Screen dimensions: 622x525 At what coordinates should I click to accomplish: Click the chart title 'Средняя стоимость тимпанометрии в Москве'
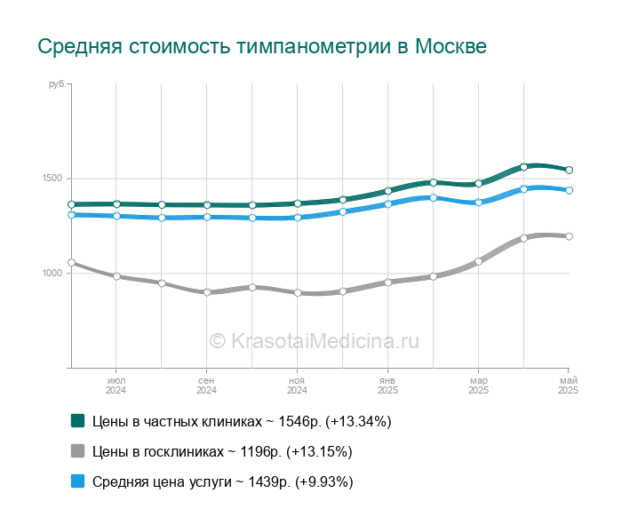tap(262, 46)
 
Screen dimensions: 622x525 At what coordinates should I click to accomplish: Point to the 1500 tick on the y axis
tap(52, 178)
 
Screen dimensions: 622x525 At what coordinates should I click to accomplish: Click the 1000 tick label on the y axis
tap(52, 273)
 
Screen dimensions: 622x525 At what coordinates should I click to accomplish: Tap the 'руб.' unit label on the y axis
tap(57, 84)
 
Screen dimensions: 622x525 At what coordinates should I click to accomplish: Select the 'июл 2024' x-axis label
tap(116, 386)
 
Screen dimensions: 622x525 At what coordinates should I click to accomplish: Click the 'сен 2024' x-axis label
tap(206, 386)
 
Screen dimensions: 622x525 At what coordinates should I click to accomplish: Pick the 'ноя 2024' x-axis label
tap(297, 386)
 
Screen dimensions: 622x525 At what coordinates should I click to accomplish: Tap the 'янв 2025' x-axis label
tap(387, 386)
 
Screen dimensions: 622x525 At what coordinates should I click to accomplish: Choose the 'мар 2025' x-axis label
tap(478, 386)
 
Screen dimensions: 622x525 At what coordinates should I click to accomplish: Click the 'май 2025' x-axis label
tap(568, 386)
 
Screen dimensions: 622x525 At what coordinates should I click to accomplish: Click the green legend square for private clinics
tap(78, 421)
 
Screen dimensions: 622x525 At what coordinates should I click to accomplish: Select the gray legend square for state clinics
tap(78, 451)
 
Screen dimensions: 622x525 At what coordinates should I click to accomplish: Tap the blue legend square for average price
tap(78, 481)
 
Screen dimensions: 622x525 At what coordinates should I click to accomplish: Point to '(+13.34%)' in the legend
tap(358, 421)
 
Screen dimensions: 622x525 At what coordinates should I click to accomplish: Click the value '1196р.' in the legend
tap(261, 451)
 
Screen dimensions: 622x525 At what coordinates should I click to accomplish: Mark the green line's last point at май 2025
tap(569, 170)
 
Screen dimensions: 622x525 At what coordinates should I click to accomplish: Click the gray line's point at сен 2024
tap(207, 292)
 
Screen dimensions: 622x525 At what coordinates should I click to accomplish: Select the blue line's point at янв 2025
tap(388, 204)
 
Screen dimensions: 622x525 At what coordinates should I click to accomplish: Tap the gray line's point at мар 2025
tap(478, 262)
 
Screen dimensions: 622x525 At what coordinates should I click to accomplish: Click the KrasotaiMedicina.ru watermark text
tap(315, 341)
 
